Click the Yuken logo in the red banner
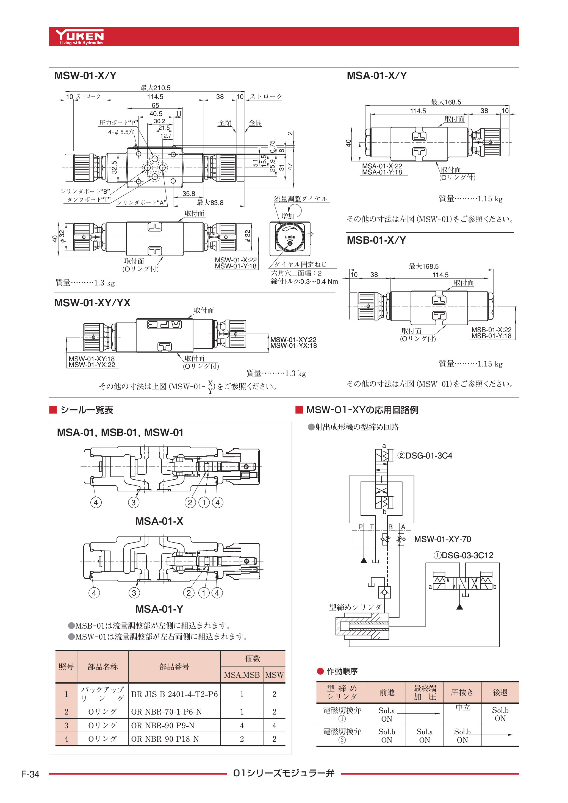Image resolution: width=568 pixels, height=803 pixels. click(80, 36)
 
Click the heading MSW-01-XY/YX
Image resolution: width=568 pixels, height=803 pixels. click(92, 303)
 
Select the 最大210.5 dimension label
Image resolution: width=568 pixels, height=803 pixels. click(155, 88)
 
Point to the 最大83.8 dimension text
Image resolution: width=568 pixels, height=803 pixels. click(210, 202)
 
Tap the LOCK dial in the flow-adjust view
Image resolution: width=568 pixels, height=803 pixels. click(290, 237)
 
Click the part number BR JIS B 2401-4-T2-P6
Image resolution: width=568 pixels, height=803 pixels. click(174, 694)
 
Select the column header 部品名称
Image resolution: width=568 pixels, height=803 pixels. click(102, 667)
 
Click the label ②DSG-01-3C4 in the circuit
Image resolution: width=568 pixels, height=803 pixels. click(425, 456)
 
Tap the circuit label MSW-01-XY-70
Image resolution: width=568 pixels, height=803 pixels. click(442, 539)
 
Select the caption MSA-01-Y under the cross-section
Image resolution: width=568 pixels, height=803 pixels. click(159, 609)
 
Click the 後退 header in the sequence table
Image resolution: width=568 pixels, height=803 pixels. click(500, 693)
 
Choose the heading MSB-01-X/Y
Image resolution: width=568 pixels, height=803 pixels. click(376, 240)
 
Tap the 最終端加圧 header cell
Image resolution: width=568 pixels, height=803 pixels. click(425, 693)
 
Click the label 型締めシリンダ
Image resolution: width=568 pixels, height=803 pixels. click(355, 607)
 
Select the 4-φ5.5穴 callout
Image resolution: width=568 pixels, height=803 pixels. click(121, 132)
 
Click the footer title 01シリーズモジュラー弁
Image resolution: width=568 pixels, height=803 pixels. click(284, 773)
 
